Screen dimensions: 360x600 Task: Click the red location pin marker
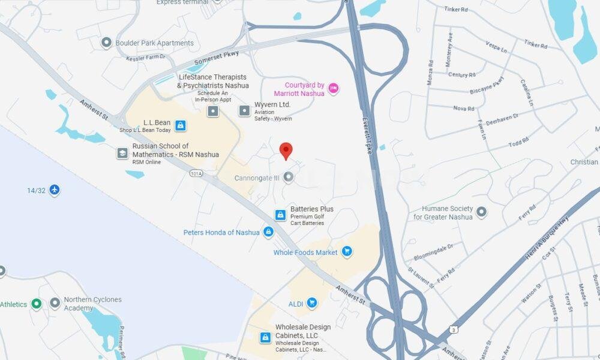pos(286,151)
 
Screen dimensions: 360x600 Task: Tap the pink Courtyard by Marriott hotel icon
pos(334,89)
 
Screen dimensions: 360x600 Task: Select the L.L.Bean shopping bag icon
pos(181,125)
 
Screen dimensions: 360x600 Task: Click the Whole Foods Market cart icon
pos(346,252)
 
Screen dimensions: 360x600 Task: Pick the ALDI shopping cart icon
pos(311,304)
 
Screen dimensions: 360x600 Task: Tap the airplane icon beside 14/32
pos(55,190)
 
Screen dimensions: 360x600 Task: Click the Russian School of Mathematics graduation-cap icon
pos(123,153)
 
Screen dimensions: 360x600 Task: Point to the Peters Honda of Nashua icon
pos(268,232)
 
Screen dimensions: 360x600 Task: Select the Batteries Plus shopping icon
pos(280,215)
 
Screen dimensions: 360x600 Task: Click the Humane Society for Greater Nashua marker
pos(481,211)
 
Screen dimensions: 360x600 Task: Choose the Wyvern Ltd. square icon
pos(244,110)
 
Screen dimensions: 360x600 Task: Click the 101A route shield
pos(195,173)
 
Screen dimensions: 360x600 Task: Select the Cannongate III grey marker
pos(289,177)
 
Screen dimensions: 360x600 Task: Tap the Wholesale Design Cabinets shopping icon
pos(265,338)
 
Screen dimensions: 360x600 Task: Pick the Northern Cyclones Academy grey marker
pos(55,303)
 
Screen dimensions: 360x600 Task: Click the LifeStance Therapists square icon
pos(213,111)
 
